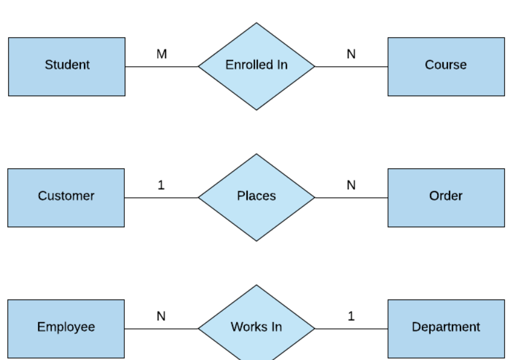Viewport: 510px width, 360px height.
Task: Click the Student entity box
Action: click(x=66, y=66)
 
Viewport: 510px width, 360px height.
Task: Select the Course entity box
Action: click(x=446, y=66)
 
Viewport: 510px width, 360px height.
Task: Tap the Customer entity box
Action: click(x=66, y=197)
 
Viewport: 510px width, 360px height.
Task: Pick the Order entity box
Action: click(x=446, y=197)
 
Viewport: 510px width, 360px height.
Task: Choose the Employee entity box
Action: click(x=66, y=329)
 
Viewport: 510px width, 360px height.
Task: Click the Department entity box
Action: click(x=446, y=329)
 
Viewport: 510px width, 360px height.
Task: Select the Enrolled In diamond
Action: click(x=256, y=66)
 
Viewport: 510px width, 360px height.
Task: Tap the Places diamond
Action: click(x=256, y=197)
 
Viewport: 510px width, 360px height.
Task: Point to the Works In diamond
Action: click(x=256, y=327)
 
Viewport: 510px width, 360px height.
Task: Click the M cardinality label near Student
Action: click(x=161, y=54)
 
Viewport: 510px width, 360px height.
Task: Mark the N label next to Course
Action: click(x=351, y=54)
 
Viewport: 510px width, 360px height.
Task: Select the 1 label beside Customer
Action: click(x=161, y=185)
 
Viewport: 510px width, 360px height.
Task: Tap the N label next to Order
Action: click(x=351, y=185)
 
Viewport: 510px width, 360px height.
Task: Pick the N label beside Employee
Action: click(x=161, y=316)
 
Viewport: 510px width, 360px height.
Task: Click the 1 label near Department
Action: click(x=351, y=316)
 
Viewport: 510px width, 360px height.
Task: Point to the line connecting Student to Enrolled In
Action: click(x=161, y=66)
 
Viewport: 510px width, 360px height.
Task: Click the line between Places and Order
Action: click(x=351, y=197)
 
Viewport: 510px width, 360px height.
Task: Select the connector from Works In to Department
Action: click(x=351, y=329)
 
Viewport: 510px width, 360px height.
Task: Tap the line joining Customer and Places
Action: click(x=161, y=197)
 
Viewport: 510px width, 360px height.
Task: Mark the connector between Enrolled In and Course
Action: click(x=351, y=66)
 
